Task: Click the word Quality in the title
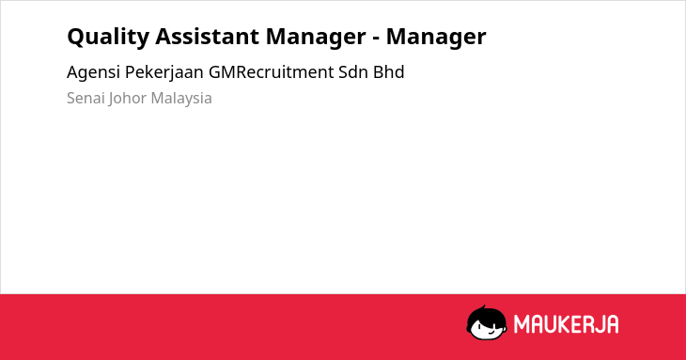(108, 37)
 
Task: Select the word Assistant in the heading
(207, 36)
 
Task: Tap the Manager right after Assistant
(316, 38)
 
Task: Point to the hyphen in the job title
(376, 39)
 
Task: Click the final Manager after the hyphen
(436, 38)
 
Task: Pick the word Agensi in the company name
(93, 72)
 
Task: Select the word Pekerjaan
(164, 72)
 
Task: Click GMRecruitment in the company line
(272, 72)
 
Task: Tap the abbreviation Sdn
(353, 72)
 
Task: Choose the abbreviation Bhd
(388, 72)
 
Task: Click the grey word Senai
(86, 98)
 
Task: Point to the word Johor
(127, 99)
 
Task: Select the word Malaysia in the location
(181, 99)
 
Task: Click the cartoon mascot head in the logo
(487, 323)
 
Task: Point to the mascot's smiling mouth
(491, 333)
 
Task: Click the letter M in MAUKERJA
(522, 324)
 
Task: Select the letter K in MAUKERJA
(563, 324)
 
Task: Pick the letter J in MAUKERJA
(600, 324)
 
